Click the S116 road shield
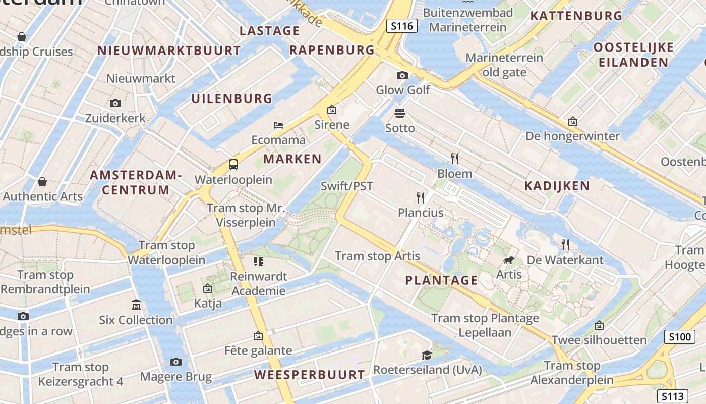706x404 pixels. click(x=402, y=26)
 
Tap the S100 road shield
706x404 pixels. click(x=679, y=337)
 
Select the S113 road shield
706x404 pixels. click(x=673, y=396)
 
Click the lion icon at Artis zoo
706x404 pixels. click(x=509, y=260)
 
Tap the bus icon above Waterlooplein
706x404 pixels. click(x=233, y=164)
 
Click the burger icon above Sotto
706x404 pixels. click(x=400, y=113)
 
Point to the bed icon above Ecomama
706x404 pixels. click(x=278, y=125)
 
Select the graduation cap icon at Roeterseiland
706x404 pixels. click(x=427, y=355)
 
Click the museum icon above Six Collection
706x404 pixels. click(x=136, y=305)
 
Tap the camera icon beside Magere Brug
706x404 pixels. click(x=175, y=362)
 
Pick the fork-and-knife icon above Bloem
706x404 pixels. click(x=455, y=159)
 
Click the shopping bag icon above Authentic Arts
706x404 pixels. click(x=42, y=181)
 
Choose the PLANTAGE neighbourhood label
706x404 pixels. click(x=441, y=280)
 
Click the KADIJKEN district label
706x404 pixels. click(x=557, y=186)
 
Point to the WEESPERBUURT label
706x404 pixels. click(x=309, y=375)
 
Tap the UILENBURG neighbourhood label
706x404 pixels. click(x=231, y=98)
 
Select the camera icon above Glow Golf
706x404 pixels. click(x=402, y=75)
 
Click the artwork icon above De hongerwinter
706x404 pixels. click(x=572, y=121)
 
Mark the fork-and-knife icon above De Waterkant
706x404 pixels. click(x=565, y=245)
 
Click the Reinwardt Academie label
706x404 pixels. click(x=258, y=284)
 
